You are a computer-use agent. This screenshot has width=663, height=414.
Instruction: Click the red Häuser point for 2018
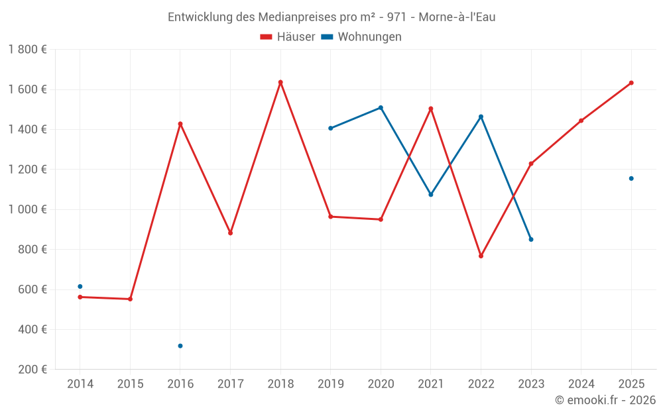pos(280,82)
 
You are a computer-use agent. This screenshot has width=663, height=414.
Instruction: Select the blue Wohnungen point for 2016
pos(180,346)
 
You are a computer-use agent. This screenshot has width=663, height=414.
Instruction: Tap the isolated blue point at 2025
pos(631,178)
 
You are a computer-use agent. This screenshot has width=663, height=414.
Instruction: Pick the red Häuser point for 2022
pos(481,256)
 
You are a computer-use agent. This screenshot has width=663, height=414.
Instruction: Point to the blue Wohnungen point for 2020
pos(381,107)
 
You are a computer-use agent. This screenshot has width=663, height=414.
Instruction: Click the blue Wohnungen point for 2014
pos(80,287)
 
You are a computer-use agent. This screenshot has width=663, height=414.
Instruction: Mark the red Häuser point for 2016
pos(180,124)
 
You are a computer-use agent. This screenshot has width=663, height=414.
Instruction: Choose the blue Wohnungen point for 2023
pos(531,239)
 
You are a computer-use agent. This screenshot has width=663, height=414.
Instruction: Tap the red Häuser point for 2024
pos(581,121)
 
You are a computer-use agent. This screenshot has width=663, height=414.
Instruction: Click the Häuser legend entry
pos(288,37)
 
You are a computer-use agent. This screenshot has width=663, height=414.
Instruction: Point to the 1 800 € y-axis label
pos(28,50)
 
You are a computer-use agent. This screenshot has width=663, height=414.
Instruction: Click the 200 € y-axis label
pos(32,370)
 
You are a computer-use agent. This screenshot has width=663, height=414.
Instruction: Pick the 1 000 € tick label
pos(28,209)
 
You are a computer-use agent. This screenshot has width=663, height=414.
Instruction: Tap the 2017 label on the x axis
pos(230,384)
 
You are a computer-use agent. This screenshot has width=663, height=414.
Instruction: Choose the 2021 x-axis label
pos(431,384)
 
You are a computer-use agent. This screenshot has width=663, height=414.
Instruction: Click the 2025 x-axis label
pos(631,384)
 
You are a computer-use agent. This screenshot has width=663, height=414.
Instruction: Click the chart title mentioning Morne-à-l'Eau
pos(331,17)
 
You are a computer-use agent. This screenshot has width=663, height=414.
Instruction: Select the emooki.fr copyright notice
pos(605,400)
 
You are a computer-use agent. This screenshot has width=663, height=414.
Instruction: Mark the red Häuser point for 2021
pos(431,109)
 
